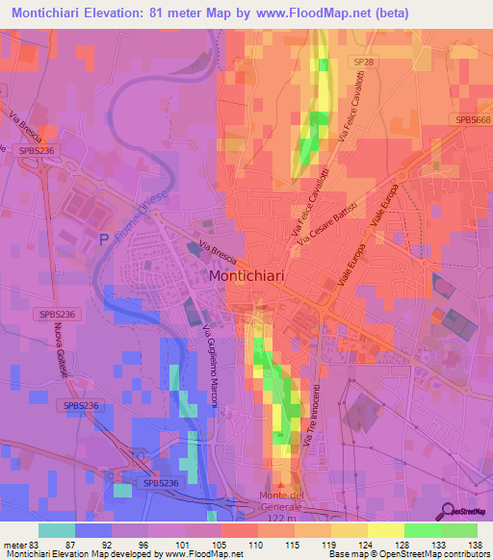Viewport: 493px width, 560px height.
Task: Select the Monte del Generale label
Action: [x=281, y=500]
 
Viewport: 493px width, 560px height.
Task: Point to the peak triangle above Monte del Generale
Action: [x=281, y=485]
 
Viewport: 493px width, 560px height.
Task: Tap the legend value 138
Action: [x=473, y=546]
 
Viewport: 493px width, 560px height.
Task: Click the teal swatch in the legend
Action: [x=57, y=530]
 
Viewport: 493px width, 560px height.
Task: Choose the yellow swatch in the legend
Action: [x=386, y=530]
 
